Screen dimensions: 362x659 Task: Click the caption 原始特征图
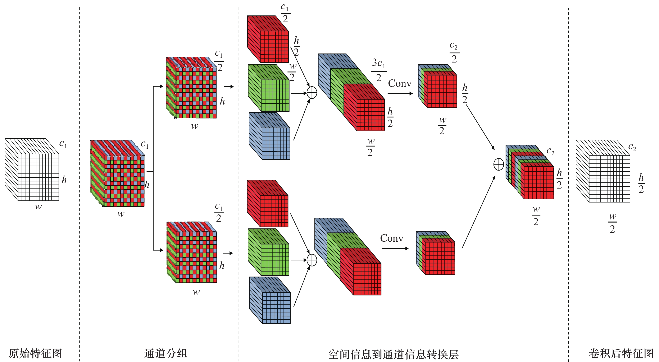[35, 353]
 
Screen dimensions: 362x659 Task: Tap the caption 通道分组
[166, 353]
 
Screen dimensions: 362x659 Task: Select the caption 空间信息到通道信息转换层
[394, 354]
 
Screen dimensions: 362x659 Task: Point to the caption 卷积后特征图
[621, 353]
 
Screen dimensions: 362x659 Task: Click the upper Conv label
[400, 83]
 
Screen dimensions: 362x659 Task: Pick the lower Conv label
[392, 238]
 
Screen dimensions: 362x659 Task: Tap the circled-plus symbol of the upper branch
[312, 93]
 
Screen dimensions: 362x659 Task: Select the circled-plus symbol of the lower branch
[312, 260]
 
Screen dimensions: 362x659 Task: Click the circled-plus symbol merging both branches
[499, 164]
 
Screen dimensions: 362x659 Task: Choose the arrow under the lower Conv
[395, 248]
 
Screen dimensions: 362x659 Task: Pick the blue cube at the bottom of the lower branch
[270, 300]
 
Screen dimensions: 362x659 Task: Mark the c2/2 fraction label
[454, 52]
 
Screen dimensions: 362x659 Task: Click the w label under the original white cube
[38, 206]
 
